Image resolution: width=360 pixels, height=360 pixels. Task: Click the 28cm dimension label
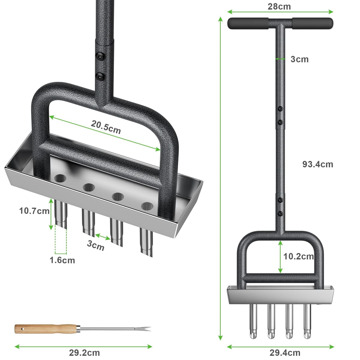[279, 7]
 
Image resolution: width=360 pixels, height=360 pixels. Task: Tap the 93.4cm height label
[318, 164]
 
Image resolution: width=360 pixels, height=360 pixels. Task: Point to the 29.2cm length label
[84, 353]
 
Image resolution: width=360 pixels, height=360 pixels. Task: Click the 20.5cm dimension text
[106, 127]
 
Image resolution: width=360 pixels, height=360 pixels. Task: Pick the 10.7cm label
[34, 211]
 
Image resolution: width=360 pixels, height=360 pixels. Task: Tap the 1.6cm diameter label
[62, 260]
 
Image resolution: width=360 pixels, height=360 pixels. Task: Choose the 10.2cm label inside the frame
[298, 256]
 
